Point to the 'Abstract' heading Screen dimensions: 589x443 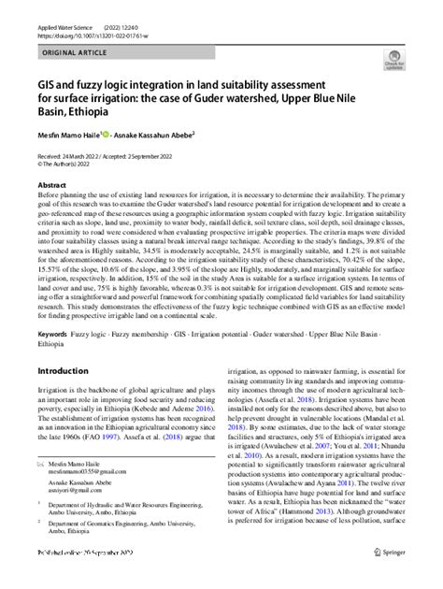[x=50, y=185]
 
